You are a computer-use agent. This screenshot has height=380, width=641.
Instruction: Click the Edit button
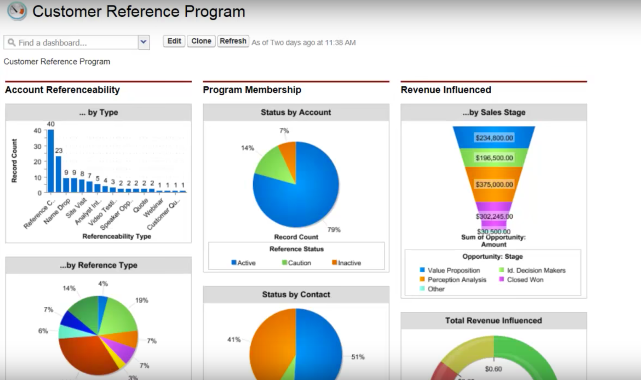point(174,41)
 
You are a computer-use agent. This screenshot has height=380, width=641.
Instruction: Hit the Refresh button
point(233,41)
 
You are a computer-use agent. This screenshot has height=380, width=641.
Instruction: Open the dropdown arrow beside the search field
point(144,42)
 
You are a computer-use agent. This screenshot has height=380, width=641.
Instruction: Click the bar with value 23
point(58,174)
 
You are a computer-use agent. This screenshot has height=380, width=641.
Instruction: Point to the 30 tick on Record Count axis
point(38,146)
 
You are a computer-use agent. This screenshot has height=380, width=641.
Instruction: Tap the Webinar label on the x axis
point(153,208)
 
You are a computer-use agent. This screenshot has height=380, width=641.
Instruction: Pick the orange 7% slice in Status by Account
point(288,154)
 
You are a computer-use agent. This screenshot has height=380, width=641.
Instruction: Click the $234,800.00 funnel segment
point(494,138)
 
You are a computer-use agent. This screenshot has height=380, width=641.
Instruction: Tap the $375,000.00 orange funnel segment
point(494,184)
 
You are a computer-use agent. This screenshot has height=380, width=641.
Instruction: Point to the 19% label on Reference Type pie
point(142,300)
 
